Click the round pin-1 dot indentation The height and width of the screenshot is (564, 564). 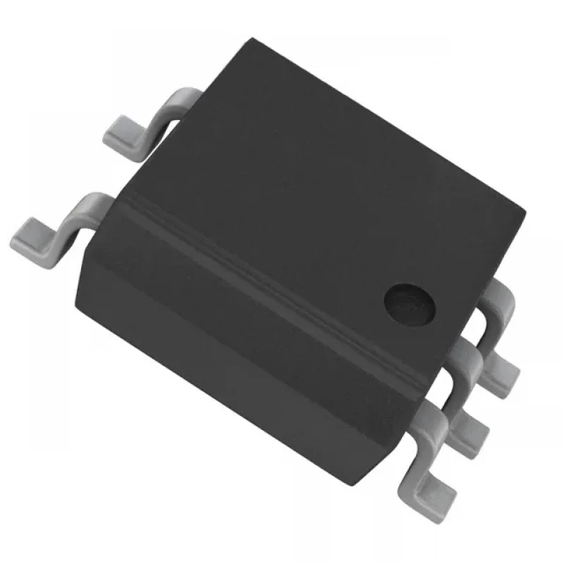[410, 301]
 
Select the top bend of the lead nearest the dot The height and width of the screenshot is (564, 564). [502, 296]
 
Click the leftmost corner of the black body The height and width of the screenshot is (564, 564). [92, 261]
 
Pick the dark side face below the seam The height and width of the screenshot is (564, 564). [247, 338]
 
